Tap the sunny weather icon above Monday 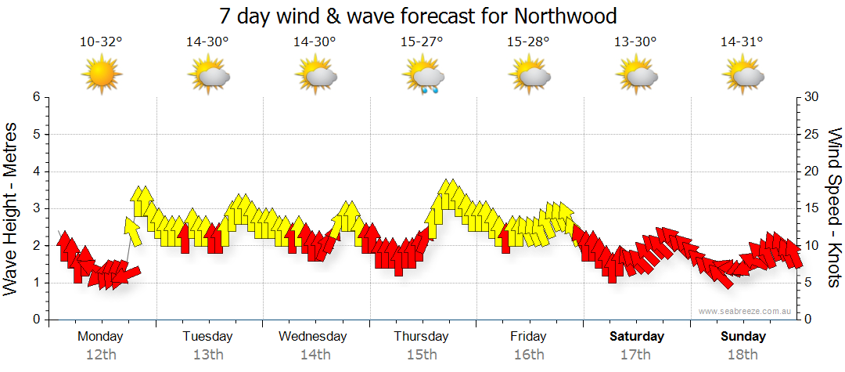pos(102,74)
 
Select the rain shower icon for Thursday pos(424,76)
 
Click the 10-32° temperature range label pos(101,42)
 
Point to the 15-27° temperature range pos(422,42)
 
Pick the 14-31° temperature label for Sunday pos(743,42)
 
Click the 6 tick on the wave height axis pos(35,97)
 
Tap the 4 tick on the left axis pos(35,172)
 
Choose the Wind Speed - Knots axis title pos(834,208)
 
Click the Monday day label pos(100,337)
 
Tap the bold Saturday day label pos(637,337)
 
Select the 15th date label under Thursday pos(422,355)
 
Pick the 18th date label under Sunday pos(743,355)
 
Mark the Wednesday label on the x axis pos(313,337)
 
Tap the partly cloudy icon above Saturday pos(637,75)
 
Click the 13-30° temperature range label pos(635,42)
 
